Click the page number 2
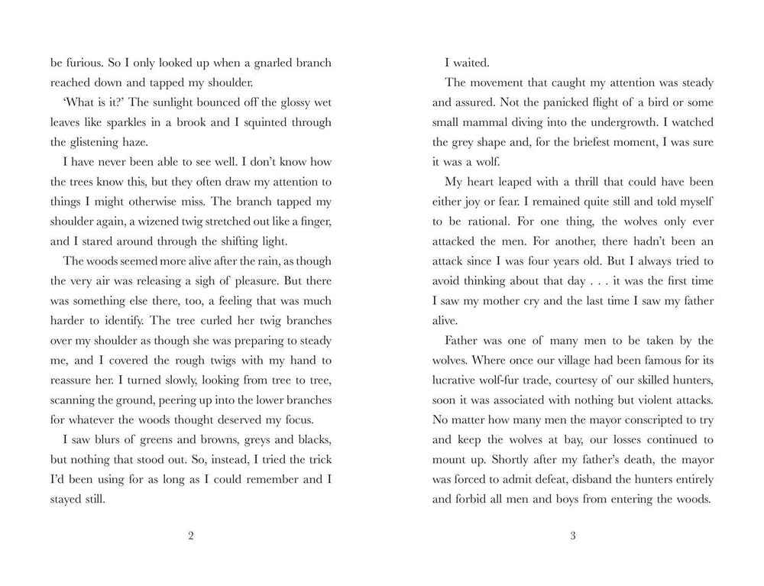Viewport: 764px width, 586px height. coord(190,536)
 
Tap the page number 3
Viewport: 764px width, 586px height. coord(572,536)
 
